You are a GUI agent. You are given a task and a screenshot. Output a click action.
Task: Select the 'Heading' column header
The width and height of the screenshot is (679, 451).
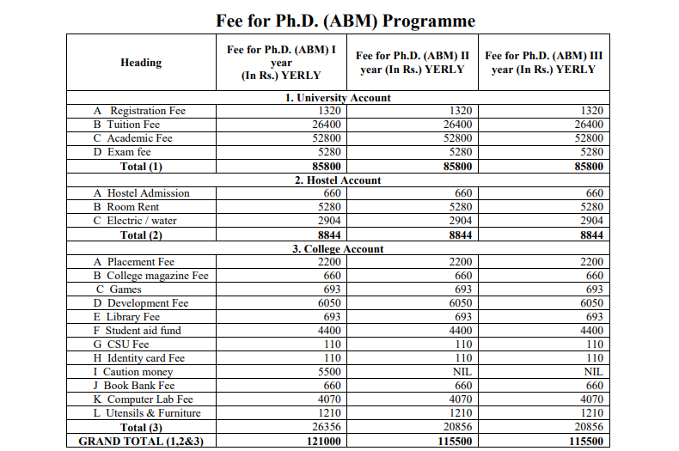click(x=141, y=62)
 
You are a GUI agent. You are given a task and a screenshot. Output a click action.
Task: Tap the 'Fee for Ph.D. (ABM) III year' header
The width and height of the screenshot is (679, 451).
click(x=543, y=62)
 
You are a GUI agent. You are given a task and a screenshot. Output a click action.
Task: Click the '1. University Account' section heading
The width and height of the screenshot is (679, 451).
click(x=338, y=98)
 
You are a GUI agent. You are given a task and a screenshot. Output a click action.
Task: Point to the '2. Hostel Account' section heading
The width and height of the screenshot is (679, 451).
click(x=338, y=180)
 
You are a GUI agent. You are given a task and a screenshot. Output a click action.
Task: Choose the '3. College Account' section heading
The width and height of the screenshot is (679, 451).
click(x=338, y=249)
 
